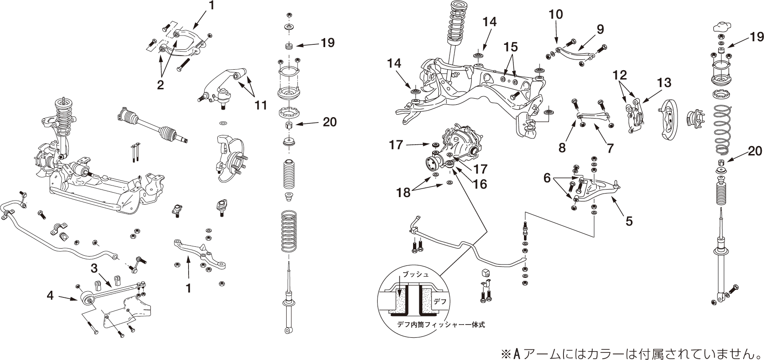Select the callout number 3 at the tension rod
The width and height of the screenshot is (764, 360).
pos(94,268)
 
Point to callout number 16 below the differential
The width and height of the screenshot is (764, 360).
pos(480,184)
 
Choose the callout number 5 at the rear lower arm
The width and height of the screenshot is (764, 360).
pos(629,221)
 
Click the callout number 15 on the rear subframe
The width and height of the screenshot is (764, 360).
pos(511,46)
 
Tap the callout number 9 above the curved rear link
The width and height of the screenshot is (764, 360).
pos(600,29)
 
